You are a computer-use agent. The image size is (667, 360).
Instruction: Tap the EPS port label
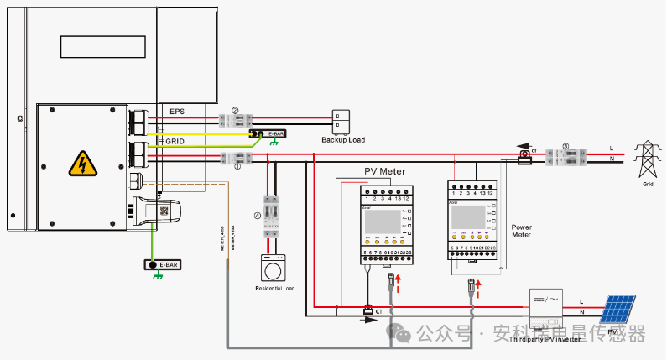point(176,112)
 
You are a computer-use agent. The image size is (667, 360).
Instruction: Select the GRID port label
point(175,142)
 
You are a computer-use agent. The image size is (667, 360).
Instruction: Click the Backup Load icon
point(341,122)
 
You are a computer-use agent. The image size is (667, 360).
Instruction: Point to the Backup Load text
point(343,140)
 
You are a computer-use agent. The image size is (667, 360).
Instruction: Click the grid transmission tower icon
point(646,159)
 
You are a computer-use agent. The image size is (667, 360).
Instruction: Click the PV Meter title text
point(384,171)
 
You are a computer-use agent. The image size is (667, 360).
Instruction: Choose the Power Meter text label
point(522,231)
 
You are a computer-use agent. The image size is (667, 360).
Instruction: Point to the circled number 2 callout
point(236,110)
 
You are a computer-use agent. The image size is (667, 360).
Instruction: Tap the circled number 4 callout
point(257,216)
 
